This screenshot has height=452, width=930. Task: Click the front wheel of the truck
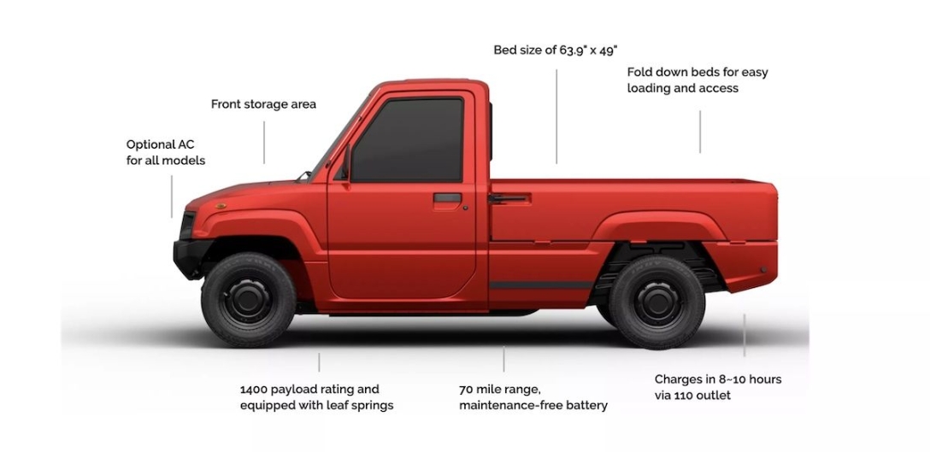point(248,299)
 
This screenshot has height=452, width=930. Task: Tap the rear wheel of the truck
point(656,302)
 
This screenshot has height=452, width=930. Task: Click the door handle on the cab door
point(447,197)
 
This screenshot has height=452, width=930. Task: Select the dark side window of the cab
point(408,139)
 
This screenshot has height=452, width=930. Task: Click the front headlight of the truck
point(187,225)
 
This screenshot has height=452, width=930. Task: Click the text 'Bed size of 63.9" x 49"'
point(556,50)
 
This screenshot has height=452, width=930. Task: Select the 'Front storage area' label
point(263,104)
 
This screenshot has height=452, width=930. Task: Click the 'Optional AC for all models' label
point(166,152)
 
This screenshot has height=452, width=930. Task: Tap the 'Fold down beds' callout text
point(697,79)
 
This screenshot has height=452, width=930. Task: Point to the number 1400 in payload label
point(255,390)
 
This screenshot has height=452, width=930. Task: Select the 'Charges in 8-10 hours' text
point(717,379)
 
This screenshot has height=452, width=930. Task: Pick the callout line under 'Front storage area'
point(264,142)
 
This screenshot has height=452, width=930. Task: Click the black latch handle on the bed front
point(508,198)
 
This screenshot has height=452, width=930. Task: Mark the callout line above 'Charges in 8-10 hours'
point(744,335)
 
